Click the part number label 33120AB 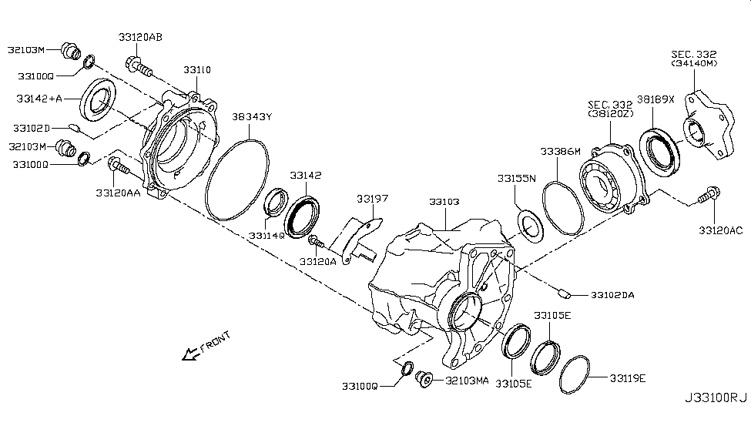pyautogui.click(x=140, y=37)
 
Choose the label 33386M pyautogui.click(x=560, y=152)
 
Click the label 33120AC pyautogui.click(x=720, y=230)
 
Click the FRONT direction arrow pyautogui.click(x=187, y=354)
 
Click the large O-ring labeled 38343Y pyautogui.click(x=238, y=179)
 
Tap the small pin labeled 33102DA pyautogui.click(x=564, y=291)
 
